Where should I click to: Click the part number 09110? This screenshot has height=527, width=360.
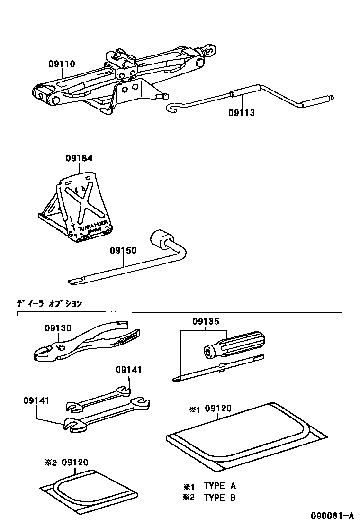[61, 64]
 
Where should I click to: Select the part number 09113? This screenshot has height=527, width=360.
[241, 113]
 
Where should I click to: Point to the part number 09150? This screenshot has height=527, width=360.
[123, 250]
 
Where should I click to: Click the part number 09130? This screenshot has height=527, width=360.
[58, 328]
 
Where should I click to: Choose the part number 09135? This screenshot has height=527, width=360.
[206, 321]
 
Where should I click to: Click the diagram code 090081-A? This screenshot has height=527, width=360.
[332, 516]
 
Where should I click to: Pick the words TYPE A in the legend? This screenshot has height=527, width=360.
[219, 485]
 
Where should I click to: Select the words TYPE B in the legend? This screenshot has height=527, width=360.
[219, 497]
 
